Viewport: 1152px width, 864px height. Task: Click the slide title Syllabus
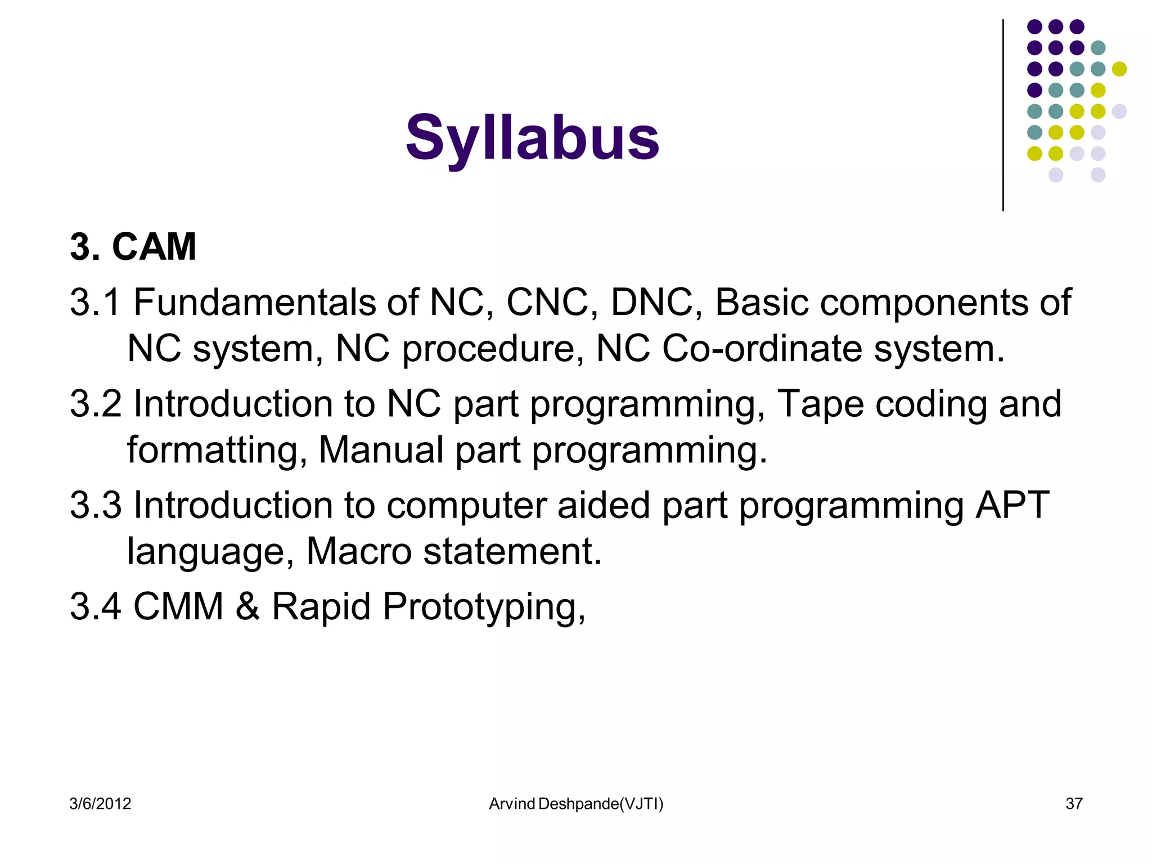point(532,138)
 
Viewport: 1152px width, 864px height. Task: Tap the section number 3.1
point(95,302)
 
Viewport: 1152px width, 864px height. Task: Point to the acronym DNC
point(652,302)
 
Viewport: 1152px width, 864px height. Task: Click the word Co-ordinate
point(762,348)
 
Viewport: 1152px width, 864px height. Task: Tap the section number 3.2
point(95,403)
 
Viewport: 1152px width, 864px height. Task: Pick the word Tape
point(820,404)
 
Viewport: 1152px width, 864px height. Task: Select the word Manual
point(381,449)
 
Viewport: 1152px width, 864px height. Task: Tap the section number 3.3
point(95,505)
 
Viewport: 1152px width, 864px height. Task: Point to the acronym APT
point(1012,505)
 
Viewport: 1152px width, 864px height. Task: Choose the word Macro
point(358,551)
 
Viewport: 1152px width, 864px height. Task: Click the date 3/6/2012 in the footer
point(100,804)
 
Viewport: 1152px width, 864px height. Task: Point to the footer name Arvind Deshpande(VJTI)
point(576,804)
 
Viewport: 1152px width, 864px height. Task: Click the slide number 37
point(1074,804)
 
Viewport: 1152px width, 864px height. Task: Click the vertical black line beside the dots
point(1003,115)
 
